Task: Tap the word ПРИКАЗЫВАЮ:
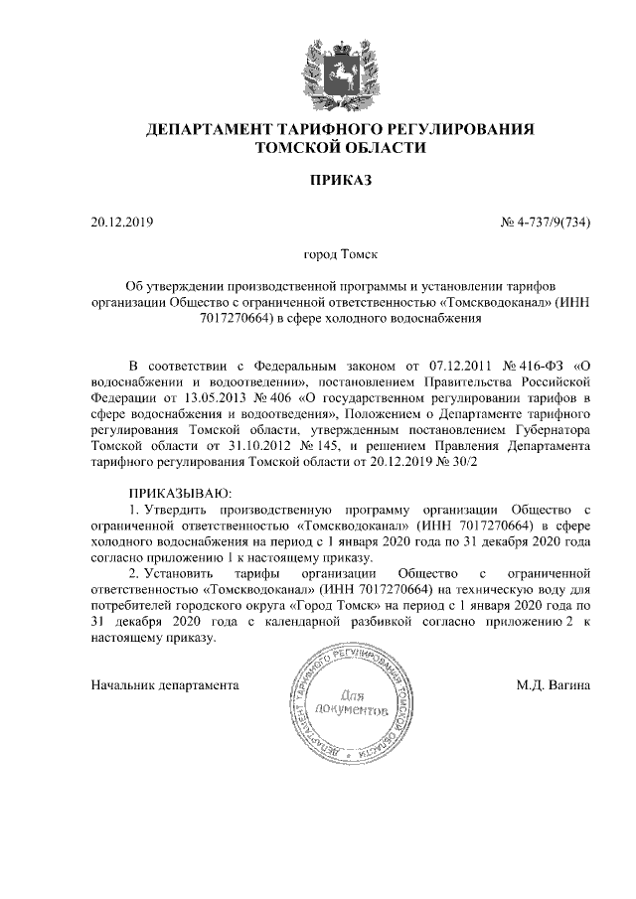(x=180, y=493)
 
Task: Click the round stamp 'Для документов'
(x=348, y=712)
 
